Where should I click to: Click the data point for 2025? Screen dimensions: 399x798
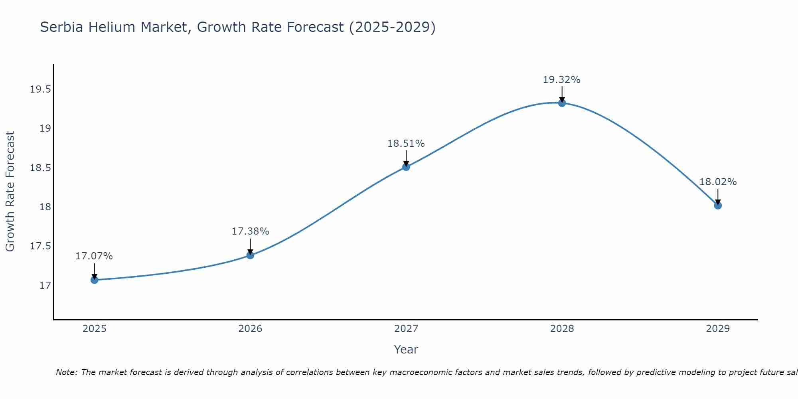tap(94, 280)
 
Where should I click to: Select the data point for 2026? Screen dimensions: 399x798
tap(250, 255)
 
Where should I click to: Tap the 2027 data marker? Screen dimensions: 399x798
tap(406, 167)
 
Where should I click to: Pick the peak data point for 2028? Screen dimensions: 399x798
tap(562, 103)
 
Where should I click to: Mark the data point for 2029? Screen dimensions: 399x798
tap(718, 205)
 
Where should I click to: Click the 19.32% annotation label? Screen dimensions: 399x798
tap(561, 80)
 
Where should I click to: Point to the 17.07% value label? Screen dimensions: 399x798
tap(94, 256)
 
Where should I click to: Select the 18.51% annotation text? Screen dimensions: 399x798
tap(406, 144)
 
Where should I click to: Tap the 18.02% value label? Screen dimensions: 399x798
tap(718, 182)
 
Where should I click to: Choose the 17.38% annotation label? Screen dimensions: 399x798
tap(250, 231)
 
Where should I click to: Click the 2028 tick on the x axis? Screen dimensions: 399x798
tap(562, 329)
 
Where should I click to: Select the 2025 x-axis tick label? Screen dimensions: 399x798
tap(94, 329)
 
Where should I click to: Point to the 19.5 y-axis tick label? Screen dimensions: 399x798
tap(41, 89)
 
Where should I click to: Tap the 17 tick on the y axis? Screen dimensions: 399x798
tap(45, 286)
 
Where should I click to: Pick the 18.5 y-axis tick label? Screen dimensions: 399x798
tap(41, 168)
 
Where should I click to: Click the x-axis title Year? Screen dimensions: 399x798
tap(406, 350)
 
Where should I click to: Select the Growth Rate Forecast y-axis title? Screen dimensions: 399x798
tap(10, 192)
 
